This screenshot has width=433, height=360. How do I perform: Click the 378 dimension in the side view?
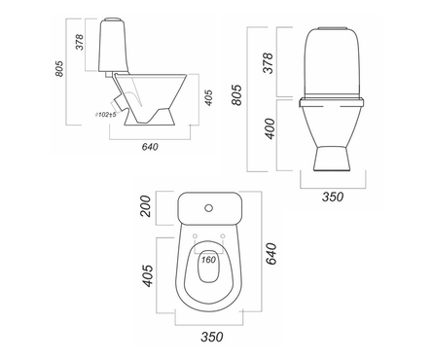(x=80, y=42)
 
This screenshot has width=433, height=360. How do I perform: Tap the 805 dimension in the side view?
(x=59, y=69)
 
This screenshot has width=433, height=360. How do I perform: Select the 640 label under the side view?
(x=150, y=147)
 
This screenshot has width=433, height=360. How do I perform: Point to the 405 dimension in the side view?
(x=209, y=97)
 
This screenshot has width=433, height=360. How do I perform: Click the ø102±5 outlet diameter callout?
(x=106, y=115)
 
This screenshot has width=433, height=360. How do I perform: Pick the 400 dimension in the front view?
(x=270, y=129)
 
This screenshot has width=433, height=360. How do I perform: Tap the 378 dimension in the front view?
(x=268, y=63)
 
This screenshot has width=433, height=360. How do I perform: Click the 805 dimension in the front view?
(x=236, y=95)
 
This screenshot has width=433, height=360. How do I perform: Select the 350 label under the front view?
(x=333, y=197)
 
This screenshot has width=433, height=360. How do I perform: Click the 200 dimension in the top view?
(x=145, y=206)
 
